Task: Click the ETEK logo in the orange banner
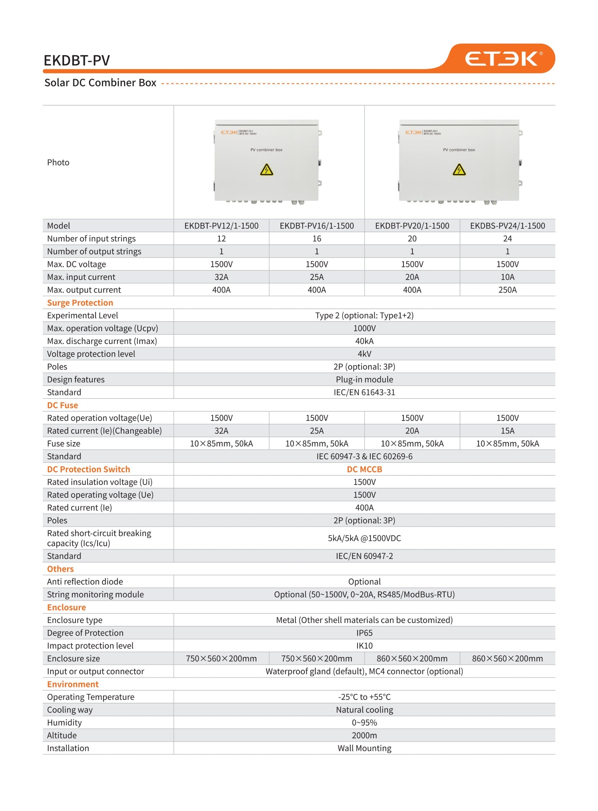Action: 503,59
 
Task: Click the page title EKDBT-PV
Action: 77,60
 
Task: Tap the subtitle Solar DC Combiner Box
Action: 100,83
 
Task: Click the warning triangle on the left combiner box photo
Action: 266,170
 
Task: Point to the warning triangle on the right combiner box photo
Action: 459,170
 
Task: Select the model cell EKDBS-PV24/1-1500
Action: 507,226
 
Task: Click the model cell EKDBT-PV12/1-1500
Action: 221,226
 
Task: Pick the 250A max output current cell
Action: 507,290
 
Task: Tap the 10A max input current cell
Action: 507,277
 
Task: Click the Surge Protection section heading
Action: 80,303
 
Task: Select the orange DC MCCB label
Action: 364,469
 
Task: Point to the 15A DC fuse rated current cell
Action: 507,431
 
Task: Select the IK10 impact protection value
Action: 364,646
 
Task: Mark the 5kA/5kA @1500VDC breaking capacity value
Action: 364,538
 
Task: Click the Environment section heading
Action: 73,684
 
